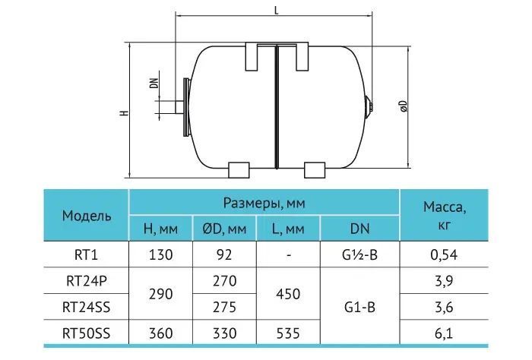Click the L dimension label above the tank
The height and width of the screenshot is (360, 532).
coord(277,11)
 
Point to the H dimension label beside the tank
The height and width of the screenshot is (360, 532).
coord(125,112)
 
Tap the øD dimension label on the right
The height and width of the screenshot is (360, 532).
coord(404,106)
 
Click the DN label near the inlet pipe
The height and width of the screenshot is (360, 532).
coord(154,84)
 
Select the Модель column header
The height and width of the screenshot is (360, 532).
coord(87,216)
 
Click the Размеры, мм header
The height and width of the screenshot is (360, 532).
coord(264,203)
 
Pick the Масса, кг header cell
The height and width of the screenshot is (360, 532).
coord(444,215)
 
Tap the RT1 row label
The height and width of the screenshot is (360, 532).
coord(86,254)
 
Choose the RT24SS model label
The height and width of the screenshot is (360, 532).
coord(86,307)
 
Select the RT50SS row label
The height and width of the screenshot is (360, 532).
coord(86,333)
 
